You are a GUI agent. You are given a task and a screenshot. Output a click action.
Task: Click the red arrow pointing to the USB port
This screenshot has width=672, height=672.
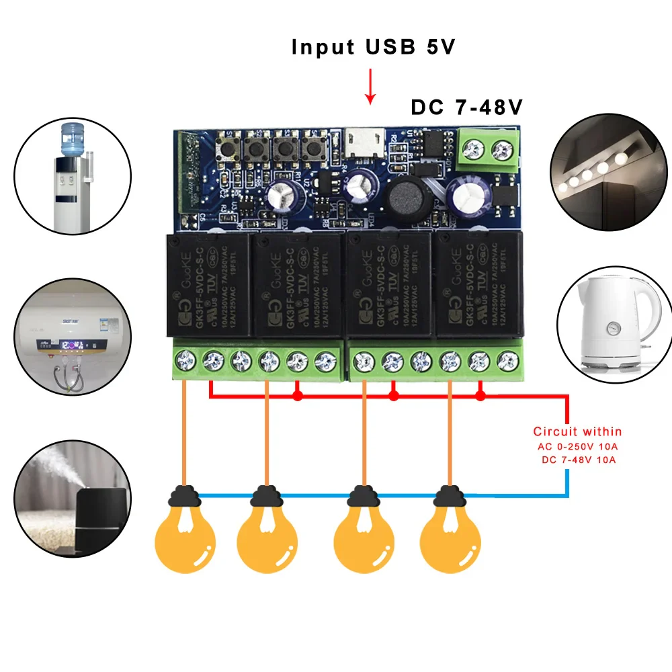[369, 90]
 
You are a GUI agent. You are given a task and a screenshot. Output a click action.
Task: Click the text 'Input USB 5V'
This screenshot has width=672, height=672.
[374, 47]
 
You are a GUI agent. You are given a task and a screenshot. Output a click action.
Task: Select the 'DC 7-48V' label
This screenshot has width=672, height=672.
[466, 108]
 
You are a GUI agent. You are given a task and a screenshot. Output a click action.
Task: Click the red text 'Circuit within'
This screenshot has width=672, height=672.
[577, 431]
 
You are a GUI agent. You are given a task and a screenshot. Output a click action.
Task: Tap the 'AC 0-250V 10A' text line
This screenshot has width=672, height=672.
[577, 446]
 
